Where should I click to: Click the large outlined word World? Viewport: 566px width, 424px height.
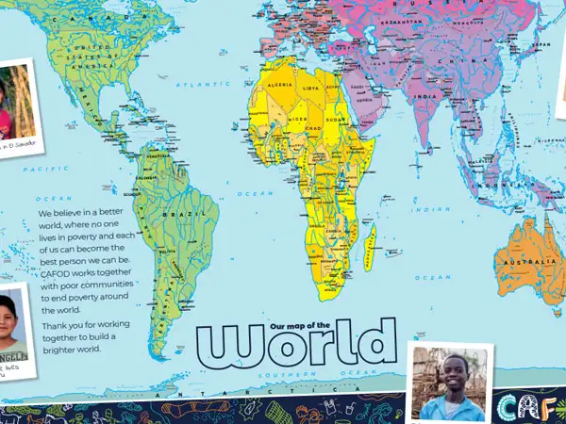tap(295, 346)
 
